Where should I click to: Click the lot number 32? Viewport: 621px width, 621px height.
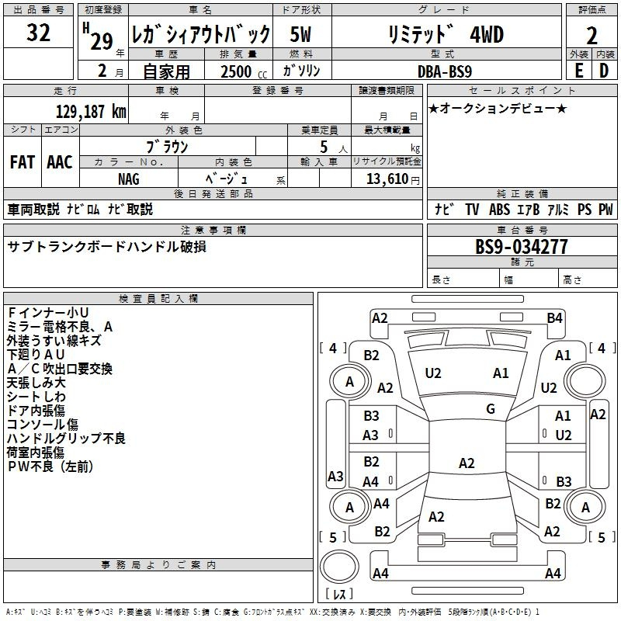pyautogui.click(x=38, y=33)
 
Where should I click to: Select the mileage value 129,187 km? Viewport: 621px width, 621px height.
pyautogui.click(x=91, y=112)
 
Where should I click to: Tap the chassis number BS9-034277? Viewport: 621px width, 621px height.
pyautogui.click(x=521, y=247)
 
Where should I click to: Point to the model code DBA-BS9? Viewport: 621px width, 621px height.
pyautogui.click(x=444, y=71)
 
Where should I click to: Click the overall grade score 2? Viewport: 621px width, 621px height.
pyautogui.click(x=592, y=36)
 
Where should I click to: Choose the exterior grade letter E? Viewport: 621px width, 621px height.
pyautogui.click(x=578, y=71)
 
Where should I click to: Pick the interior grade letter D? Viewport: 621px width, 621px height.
pyautogui.click(x=604, y=71)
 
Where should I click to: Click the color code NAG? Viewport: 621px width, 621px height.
pyautogui.click(x=129, y=179)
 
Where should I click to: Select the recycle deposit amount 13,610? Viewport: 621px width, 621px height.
pyautogui.click(x=387, y=179)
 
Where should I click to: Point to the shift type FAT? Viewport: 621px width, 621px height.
pyautogui.click(x=23, y=162)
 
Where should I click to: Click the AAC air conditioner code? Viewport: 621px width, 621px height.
pyautogui.click(x=60, y=162)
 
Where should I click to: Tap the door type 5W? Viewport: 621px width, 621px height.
pyautogui.click(x=300, y=34)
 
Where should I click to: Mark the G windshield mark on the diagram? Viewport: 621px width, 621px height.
pyautogui.click(x=491, y=409)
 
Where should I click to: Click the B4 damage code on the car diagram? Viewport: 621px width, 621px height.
pyautogui.click(x=554, y=318)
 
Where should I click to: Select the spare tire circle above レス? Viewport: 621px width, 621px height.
pyautogui.click(x=339, y=567)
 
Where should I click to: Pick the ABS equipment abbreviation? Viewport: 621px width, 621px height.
pyautogui.click(x=499, y=209)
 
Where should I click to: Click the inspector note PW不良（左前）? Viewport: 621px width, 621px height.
pyautogui.click(x=50, y=467)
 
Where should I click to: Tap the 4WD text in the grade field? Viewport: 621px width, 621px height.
pyautogui.click(x=487, y=34)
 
